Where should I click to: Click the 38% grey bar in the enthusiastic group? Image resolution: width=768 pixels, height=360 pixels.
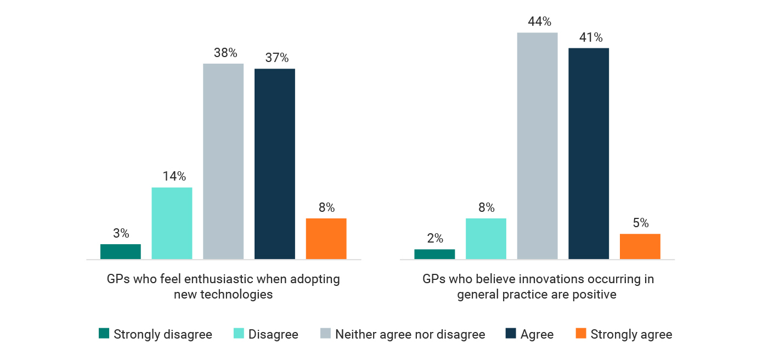(223, 161)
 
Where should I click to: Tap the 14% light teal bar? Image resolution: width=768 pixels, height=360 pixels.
(172, 223)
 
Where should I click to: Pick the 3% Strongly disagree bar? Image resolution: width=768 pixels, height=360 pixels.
(121, 251)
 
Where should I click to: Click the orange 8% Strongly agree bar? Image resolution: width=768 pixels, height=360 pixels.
(326, 239)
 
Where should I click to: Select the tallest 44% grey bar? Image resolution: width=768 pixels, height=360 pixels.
(537, 146)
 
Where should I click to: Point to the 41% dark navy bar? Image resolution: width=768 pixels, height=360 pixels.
(589, 154)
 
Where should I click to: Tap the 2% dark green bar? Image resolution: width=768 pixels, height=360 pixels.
(434, 254)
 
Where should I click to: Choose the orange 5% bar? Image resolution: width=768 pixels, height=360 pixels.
(640, 246)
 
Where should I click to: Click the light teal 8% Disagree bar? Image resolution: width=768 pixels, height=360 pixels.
(486, 239)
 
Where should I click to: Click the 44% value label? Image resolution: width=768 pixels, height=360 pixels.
(537, 22)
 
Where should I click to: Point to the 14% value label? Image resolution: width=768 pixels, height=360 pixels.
(174, 177)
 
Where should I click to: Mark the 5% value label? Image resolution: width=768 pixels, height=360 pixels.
(640, 223)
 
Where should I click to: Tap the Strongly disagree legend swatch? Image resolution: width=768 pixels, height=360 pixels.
(104, 334)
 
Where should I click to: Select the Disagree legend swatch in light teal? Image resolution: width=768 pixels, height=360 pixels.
(239, 334)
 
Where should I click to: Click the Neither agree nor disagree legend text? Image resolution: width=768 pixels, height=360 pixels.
(410, 334)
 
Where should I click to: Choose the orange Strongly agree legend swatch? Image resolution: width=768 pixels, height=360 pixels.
(581, 334)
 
